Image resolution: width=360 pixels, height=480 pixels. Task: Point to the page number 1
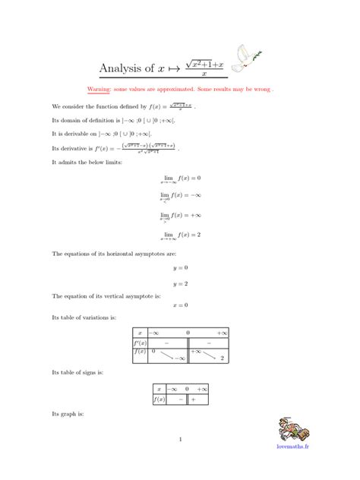(180, 439)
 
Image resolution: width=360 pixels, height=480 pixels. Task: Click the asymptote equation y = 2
(180, 283)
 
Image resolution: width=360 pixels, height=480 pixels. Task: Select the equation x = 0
(180, 305)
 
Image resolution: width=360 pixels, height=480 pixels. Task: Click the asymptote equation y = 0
(180, 267)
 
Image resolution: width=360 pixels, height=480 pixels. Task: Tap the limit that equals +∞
(180, 216)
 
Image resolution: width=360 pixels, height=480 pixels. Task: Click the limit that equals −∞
(180, 197)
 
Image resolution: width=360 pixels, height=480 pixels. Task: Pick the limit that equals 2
(180, 235)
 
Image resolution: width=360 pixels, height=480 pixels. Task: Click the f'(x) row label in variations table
(140, 343)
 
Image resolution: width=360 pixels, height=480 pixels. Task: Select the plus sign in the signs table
(193, 399)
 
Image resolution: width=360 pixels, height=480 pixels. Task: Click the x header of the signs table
(159, 388)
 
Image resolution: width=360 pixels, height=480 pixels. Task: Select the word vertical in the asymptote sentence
(105, 295)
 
